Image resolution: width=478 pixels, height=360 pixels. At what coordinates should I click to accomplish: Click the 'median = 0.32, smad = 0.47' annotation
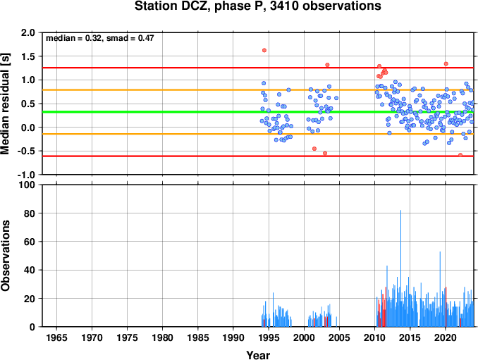(99, 38)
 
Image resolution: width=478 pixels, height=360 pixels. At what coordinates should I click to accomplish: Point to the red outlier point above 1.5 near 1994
(264, 50)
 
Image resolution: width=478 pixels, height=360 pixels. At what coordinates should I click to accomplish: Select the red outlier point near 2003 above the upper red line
(327, 65)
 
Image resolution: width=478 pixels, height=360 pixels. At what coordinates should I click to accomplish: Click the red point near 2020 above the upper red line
(446, 64)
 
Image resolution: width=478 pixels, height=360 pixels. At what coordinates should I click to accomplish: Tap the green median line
(258, 112)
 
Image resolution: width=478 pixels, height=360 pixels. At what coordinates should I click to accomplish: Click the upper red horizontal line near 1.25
(258, 68)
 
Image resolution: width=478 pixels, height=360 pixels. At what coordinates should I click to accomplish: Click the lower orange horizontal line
(258, 134)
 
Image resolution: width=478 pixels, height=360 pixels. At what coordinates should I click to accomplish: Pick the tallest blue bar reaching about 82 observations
(400, 268)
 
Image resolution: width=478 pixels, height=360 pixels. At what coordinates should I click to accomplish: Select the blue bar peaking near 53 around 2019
(440, 289)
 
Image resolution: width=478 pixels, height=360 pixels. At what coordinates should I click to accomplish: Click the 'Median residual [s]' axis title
(5, 104)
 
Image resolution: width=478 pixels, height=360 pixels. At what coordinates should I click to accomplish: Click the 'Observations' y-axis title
(5, 256)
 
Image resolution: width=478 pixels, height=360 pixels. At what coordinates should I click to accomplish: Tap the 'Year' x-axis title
(258, 355)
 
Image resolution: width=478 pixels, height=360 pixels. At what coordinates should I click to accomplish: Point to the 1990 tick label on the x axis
(233, 337)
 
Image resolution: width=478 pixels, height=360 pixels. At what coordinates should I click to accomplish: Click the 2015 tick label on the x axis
(410, 337)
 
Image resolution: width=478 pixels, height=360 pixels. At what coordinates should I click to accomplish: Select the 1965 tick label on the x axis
(56, 337)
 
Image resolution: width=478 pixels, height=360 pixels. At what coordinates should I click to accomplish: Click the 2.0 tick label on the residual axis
(28, 32)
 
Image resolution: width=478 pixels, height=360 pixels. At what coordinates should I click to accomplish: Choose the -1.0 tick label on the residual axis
(26, 175)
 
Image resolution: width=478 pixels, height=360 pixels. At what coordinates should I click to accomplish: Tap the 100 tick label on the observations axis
(27, 185)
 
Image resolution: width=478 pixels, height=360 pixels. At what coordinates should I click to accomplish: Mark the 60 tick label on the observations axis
(30, 242)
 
